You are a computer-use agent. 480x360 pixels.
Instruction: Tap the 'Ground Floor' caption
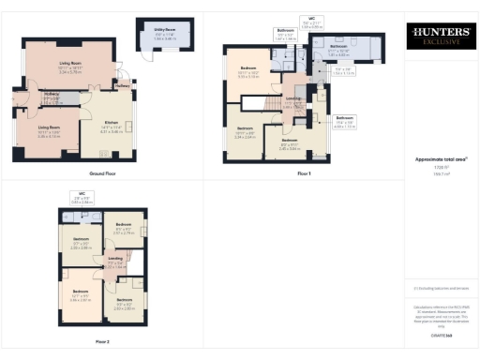point(82,174)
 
